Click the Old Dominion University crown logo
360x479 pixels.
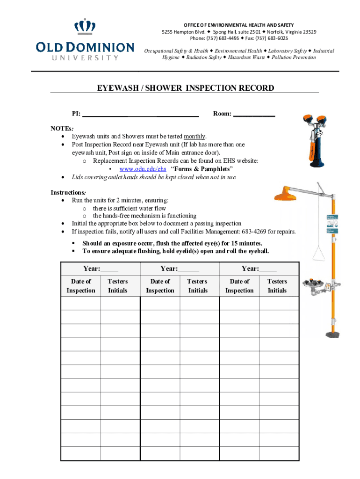84,26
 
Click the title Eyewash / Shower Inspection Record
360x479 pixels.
185,88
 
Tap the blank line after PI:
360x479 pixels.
140,114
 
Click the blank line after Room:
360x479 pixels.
254,114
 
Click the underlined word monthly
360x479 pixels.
195,136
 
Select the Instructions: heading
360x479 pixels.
68,192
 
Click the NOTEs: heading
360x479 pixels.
62,128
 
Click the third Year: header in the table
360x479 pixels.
259,269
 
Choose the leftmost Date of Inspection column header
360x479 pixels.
81,286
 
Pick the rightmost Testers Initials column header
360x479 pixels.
277,286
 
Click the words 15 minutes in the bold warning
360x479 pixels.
246,243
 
